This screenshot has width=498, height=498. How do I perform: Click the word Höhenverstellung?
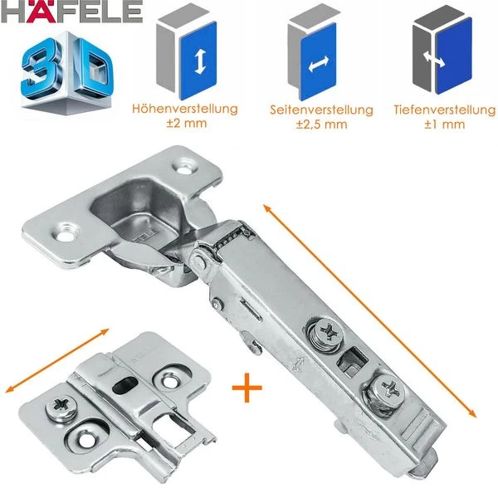point(185,109)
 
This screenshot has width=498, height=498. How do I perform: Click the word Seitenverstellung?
point(322,110)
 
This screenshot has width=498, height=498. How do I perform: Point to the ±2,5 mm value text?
point(322,124)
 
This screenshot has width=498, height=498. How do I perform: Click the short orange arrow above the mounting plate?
point(58,360)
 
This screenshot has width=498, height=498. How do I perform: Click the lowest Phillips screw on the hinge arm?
point(388,388)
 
